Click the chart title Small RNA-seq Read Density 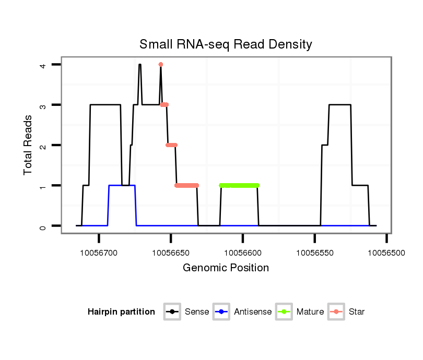(226, 44)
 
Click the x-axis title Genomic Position (226, 268)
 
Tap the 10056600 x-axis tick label (243, 253)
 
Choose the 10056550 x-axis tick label (314, 253)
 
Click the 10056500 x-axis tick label (386, 253)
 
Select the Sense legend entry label (197, 312)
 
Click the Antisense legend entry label (253, 312)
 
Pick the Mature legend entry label (310, 312)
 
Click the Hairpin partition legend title (121, 312)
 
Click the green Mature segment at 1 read (239, 185)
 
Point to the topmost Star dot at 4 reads (161, 65)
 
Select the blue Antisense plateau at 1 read (122, 185)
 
